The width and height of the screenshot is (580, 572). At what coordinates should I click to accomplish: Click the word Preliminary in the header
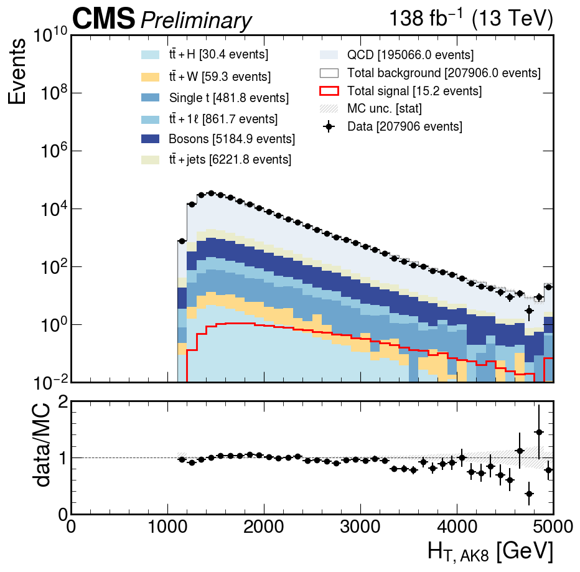pyautogui.click(x=196, y=21)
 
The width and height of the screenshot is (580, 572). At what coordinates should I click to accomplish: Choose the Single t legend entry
pyautogui.click(x=228, y=98)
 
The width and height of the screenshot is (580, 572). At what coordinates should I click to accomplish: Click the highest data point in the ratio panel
pyautogui.click(x=539, y=432)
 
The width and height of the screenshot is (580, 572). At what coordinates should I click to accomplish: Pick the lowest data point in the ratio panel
pyautogui.click(x=529, y=494)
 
